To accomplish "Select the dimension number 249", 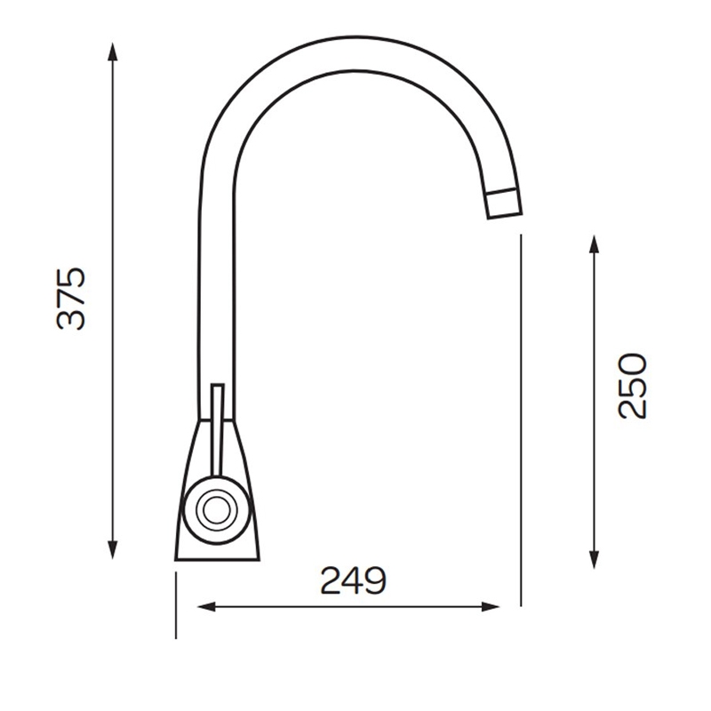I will point(353,582).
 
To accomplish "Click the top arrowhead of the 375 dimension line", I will point(113,50).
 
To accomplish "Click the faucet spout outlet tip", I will point(505,204).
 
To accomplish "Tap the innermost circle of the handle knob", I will point(213,511).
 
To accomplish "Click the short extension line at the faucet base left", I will point(177,605).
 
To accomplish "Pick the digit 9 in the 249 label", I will point(374,582).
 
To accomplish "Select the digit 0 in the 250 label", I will point(634,363).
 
